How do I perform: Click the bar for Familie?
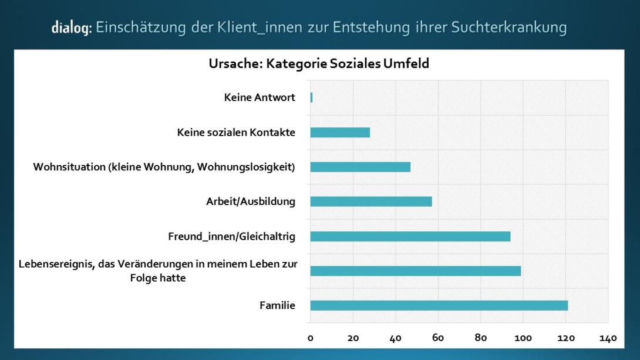coord(439,305)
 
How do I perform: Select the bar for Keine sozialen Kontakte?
coord(340,132)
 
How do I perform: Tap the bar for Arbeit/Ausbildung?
coord(371,201)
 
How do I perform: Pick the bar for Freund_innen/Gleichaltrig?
coord(410,236)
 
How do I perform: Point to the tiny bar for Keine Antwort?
coord(311,97)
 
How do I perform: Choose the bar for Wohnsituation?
coord(360,167)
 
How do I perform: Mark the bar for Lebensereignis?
coord(415,271)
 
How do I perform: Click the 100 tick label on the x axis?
coord(523,338)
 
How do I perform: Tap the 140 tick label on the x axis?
coord(608,338)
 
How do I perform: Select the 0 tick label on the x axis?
coord(311,338)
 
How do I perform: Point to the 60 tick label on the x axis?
coord(438,338)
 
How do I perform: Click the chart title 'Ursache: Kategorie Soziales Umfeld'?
coord(319,63)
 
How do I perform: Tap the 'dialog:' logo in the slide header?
coord(71,28)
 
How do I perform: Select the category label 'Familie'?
coord(277,305)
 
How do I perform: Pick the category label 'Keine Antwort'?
coord(260,97)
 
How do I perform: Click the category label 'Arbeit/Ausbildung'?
coord(251,201)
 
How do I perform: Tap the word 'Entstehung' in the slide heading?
coord(365,27)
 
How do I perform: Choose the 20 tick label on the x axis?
coord(353,338)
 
